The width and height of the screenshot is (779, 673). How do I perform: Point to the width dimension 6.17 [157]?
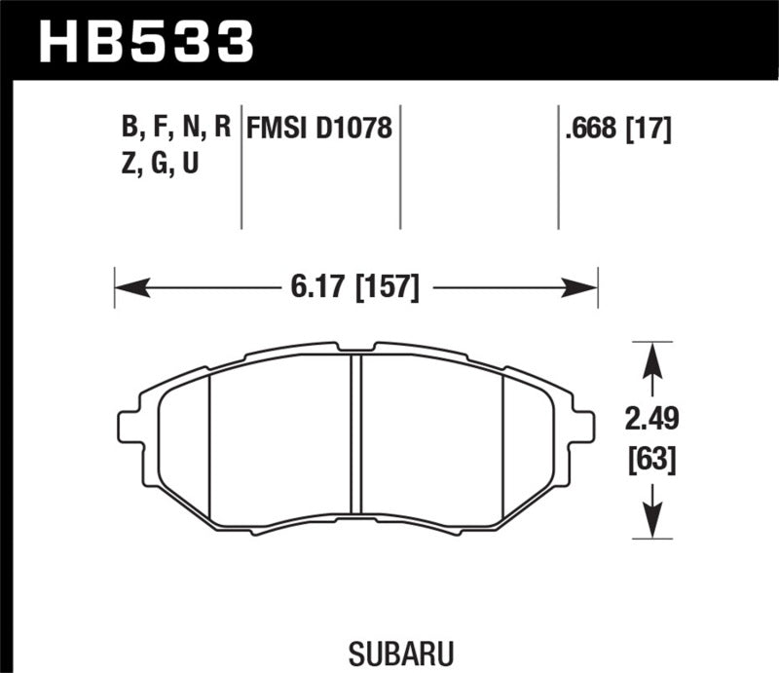coord(355,287)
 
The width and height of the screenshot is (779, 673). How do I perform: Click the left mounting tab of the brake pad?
coord(130,427)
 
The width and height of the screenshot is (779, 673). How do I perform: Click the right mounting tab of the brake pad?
coord(582,427)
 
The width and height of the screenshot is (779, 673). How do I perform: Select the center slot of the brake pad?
coord(355,433)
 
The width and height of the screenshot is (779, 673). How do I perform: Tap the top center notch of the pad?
coord(355,347)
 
